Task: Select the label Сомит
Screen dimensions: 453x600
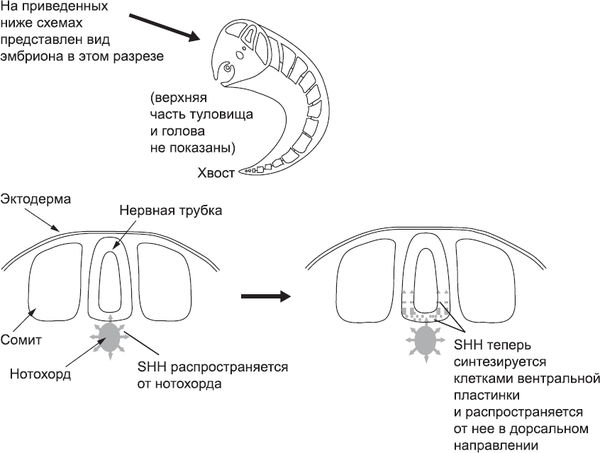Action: [x=23, y=339]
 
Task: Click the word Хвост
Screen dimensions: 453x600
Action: [x=216, y=173]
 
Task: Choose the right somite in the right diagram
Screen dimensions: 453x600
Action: [x=483, y=281]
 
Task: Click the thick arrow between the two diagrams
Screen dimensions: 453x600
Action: [x=266, y=295]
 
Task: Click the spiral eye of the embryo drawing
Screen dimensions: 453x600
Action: [x=227, y=69]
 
